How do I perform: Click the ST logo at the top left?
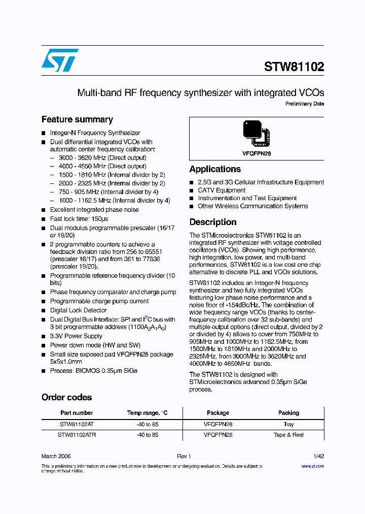click(60, 60)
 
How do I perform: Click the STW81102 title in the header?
click(294, 67)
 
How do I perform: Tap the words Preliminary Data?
click(304, 104)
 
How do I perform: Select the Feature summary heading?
click(77, 120)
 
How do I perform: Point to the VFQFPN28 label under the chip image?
click(257, 153)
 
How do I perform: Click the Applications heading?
click(215, 169)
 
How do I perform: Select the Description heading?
click(213, 222)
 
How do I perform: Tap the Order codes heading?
click(66, 397)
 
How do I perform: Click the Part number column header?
click(77, 413)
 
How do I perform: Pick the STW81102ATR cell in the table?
click(77, 435)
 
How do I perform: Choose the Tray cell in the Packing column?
click(288, 424)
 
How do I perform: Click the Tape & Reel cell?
click(288, 435)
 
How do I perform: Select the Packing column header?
click(288, 413)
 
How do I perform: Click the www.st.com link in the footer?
click(312, 466)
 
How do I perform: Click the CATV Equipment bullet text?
click(222, 190)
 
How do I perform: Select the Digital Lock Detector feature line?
click(78, 310)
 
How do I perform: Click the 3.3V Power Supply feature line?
click(76, 336)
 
